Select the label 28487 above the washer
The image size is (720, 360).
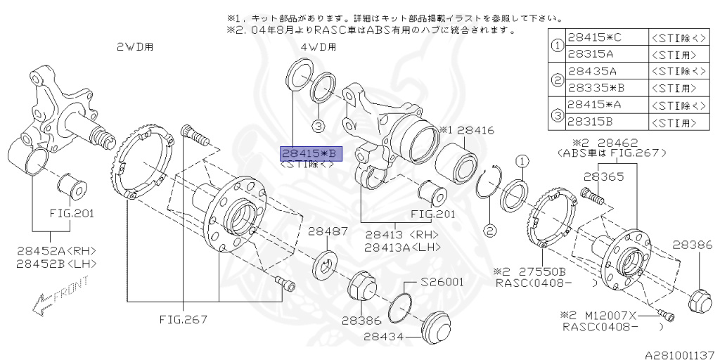click(327, 231)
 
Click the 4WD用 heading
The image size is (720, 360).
click(319, 47)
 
